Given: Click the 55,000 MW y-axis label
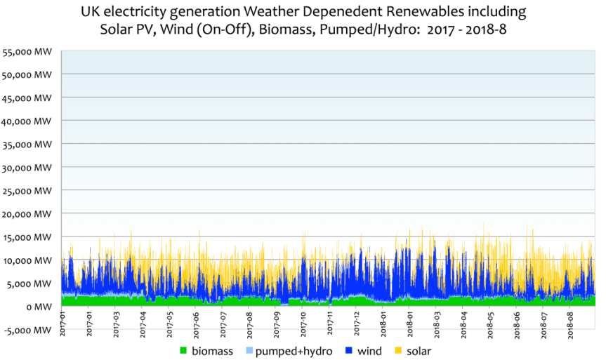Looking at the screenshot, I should click(28, 51).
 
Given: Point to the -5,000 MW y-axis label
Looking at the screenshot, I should click(28, 330).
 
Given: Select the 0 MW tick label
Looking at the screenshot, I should click(40, 307).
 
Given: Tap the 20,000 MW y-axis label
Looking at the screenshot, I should click(28, 213).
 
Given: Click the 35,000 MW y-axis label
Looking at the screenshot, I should click(28, 144).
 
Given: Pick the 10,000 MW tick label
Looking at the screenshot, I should click(28, 260).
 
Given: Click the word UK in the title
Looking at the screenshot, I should click(90, 13).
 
